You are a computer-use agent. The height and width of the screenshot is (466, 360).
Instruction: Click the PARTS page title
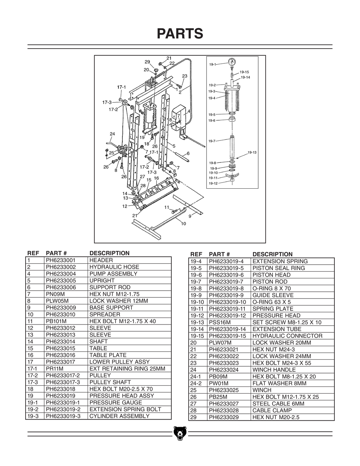(x=180, y=33)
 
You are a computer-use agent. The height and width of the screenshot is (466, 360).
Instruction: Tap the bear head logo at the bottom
(x=180, y=434)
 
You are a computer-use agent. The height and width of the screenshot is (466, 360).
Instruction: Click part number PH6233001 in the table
(x=60, y=260)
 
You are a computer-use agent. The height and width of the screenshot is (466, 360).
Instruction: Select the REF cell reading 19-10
(x=197, y=302)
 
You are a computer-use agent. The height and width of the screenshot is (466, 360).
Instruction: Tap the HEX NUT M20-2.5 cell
(x=275, y=417)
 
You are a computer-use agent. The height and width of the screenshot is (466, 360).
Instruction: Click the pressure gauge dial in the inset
(x=232, y=61)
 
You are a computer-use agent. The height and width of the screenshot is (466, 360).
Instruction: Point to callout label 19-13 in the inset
(x=252, y=152)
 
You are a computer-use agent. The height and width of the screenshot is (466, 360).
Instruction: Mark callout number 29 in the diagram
(x=147, y=62)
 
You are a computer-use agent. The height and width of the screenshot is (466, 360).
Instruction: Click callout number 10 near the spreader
(x=183, y=224)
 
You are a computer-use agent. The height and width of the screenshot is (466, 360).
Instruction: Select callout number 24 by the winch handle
(x=112, y=134)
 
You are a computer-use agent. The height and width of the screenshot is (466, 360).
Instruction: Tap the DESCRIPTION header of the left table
(x=109, y=253)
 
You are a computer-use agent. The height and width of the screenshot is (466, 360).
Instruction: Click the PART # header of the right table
(x=219, y=254)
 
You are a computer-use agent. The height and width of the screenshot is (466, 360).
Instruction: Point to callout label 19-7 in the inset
(x=212, y=141)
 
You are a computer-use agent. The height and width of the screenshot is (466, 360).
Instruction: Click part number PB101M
(x=56, y=321)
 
